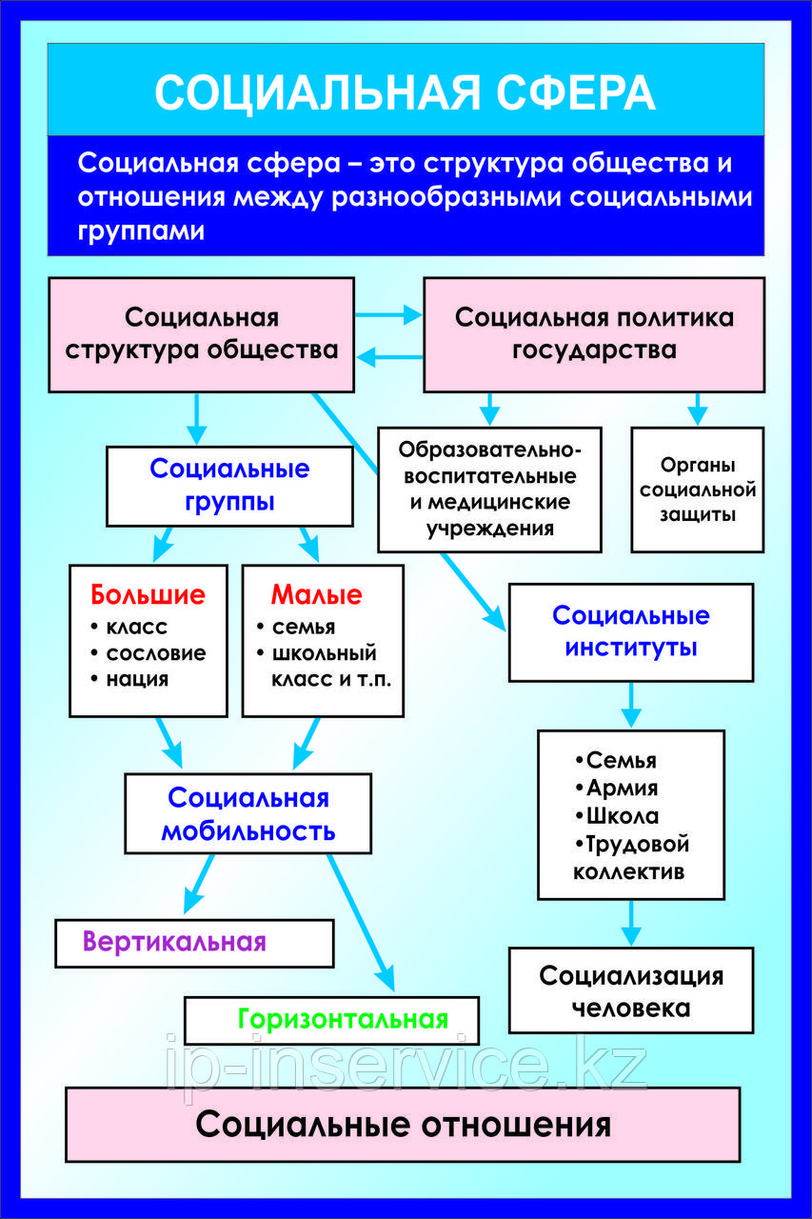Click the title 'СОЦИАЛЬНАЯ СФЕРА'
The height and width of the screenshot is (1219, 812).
pyautogui.click(x=405, y=92)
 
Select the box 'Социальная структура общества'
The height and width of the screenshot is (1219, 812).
pyautogui.click(x=201, y=333)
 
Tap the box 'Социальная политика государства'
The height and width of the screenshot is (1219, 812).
pyautogui.click(x=593, y=333)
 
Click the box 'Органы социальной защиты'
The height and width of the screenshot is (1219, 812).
pyautogui.click(x=698, y=490)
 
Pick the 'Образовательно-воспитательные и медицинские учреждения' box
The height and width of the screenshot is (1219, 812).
pyautogui.click(x=489, y=489)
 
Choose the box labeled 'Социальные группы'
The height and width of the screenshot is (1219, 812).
pyautogui.click(x=229, y=485)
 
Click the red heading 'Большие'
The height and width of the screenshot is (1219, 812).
pyautogui.click(x=148, y=596)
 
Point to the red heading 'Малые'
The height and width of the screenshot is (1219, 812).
pyautogui.click(x=317, y=596)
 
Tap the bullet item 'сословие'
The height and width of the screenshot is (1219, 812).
pyautogui.click(x=155, y=653)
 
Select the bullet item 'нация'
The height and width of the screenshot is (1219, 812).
pyautogui.click(x=137, y=679)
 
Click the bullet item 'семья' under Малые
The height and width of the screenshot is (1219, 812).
pyautogui.click(x=303, y=628)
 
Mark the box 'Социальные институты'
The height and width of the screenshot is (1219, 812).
pyautogui.click(x=630, y=631)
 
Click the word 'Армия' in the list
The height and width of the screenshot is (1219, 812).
pyautogui.click(x=622, y=789)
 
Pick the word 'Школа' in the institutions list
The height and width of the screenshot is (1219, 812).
pyautogui.click(x=623, y=816)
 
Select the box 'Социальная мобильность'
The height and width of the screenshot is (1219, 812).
pyautogui.click(x=248, y=813)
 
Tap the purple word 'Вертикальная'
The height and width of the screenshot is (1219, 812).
pyautogui.click(x=174, y=942)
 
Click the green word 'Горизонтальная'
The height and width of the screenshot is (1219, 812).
pyautogui.click(x=343, y=1019)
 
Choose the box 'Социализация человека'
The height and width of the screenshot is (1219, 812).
pyautogui.click(x=630, y=990)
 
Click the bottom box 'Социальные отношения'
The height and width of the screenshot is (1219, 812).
pyautogui.click(x=403, y=1125)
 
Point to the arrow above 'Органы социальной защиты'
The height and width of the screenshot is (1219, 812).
pyautogui.click(x=698, y=409)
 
